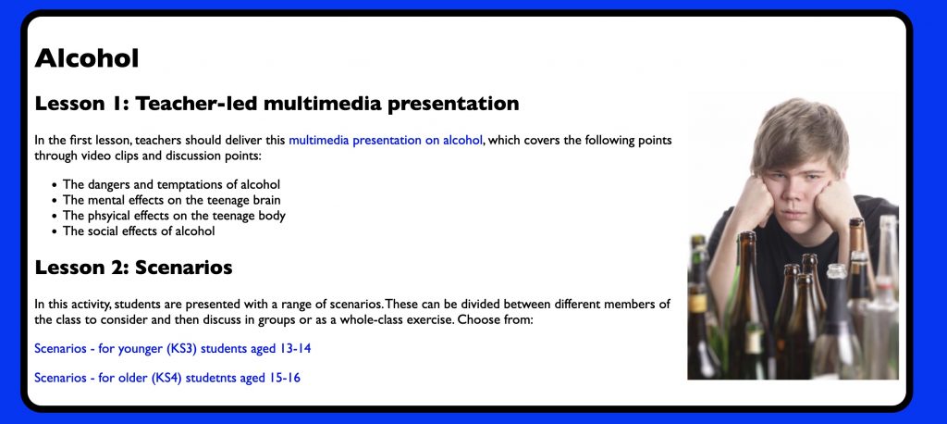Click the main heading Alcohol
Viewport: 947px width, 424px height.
pyautogui.click(x=87, y=58)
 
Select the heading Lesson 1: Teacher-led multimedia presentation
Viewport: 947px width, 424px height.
pyautogui.click(x=277, y=104)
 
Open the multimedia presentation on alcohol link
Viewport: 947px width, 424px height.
pyautogui.click(x=386, y=141)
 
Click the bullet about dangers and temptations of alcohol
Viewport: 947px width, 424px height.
pyautogui.click(x=171, y=184)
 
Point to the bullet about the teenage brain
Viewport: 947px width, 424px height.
pyautogui.click(x=171, y=200)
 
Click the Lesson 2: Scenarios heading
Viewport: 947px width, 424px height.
pyautogui.click(x=133, y=267)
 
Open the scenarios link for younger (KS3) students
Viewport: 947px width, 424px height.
pyautogui.click(x=173, y=349)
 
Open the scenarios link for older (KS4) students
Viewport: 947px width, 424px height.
pyautogui.click(x=167, y=378)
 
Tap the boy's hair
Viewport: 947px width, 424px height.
pyautogui.click(x=799, y=130)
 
